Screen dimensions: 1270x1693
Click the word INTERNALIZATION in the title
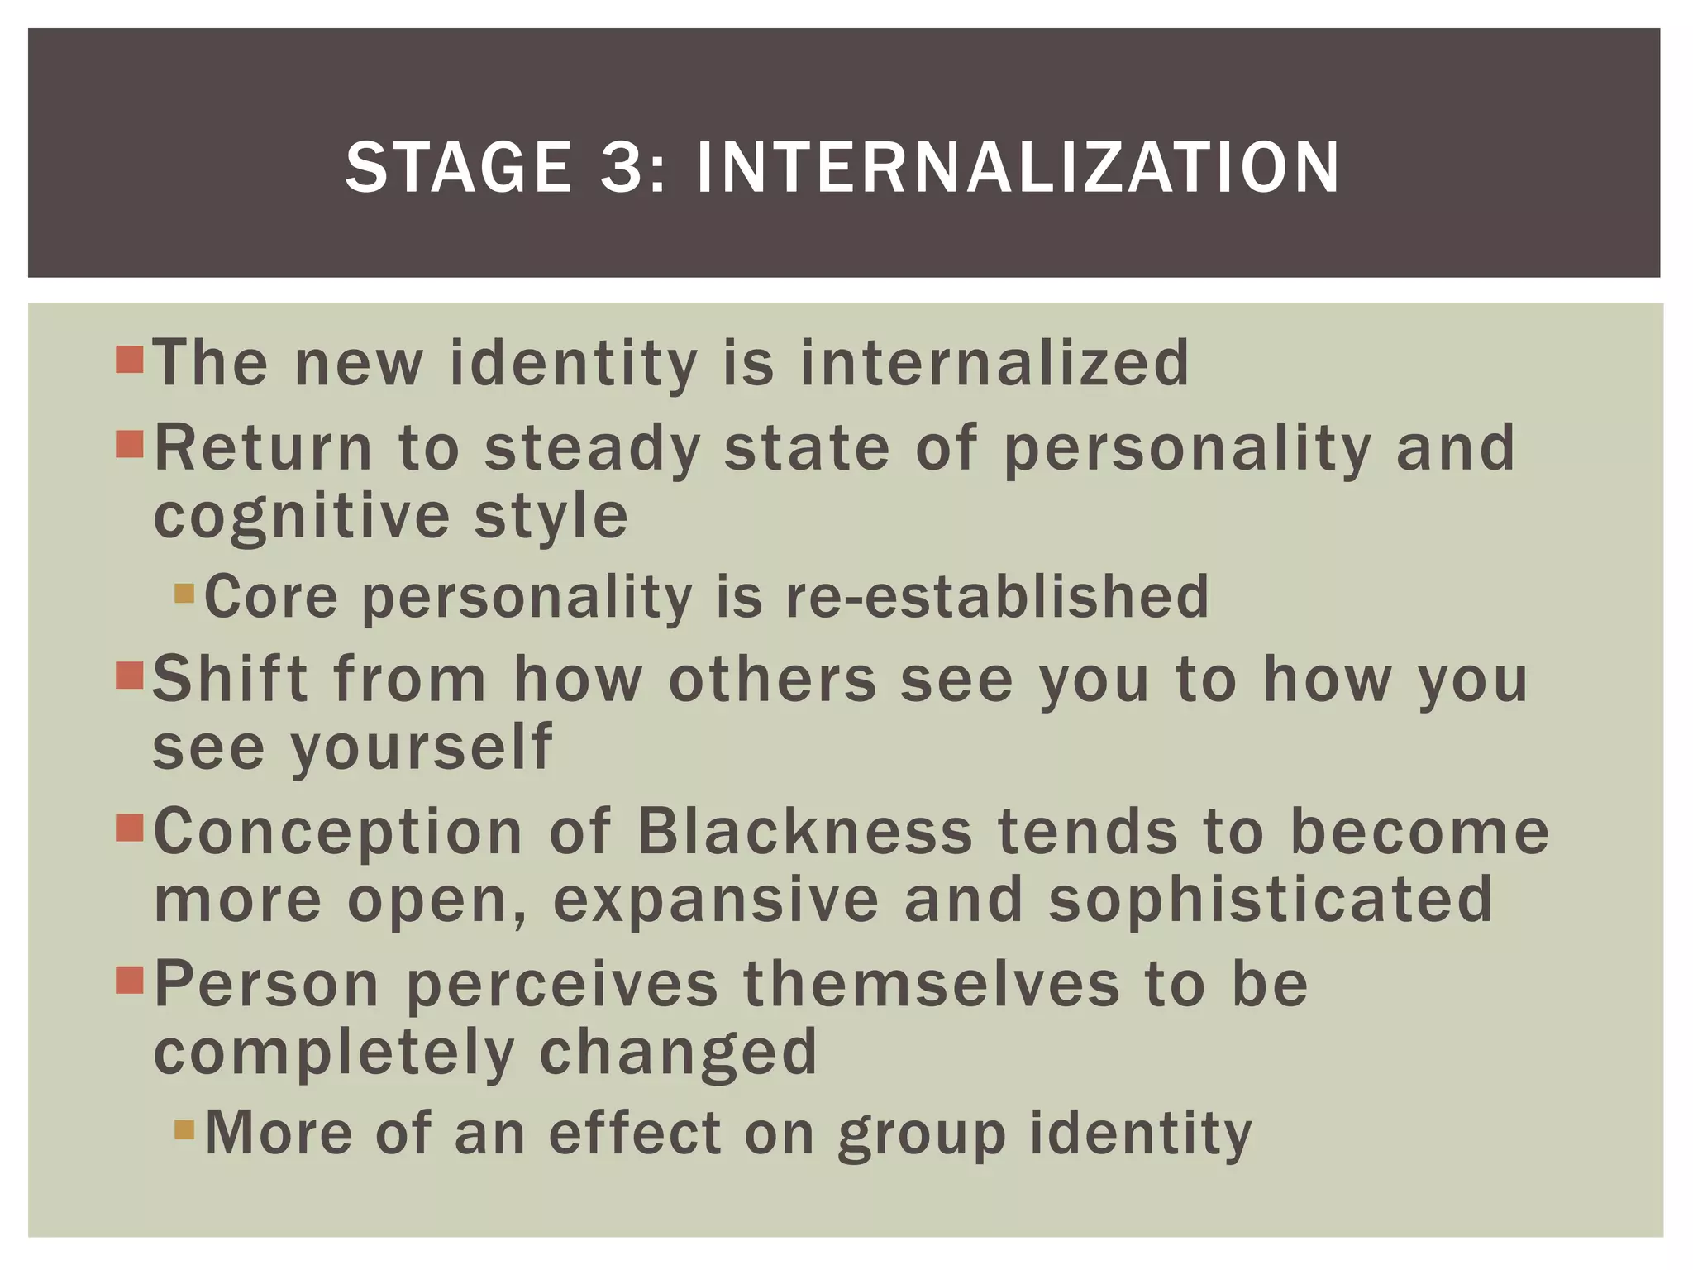click(x=1017, y=168)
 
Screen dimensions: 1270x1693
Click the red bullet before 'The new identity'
click(x=131, y=360)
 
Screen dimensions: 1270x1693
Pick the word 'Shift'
click(x=231, y=679)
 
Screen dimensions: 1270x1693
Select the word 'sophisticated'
click(x=1271, y=900)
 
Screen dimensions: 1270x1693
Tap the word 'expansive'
click(x=716, y=901)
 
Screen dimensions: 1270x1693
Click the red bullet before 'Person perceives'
click(x=131, y=981)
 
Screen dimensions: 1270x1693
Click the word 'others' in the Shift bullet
click(x=772, y=679)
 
